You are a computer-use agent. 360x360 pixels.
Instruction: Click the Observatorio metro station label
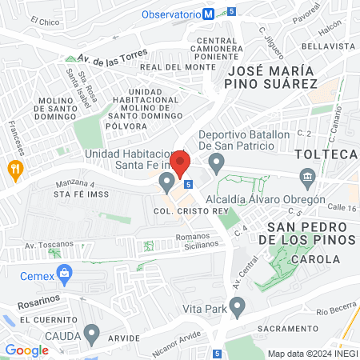tap(170, 14)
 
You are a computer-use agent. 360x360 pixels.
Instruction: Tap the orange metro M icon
tap(208, 14)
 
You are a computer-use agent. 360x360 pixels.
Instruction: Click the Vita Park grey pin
tap(237, 306)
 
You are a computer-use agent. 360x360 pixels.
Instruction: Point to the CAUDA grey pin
tap(92, 333)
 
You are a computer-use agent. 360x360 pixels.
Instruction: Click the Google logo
tap(26, 350)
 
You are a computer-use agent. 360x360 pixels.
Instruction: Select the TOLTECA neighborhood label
tap(325, 154)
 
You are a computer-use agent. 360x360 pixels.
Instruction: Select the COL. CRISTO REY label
tap(186, 211)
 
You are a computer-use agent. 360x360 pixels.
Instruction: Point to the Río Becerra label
tap(334, 311)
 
